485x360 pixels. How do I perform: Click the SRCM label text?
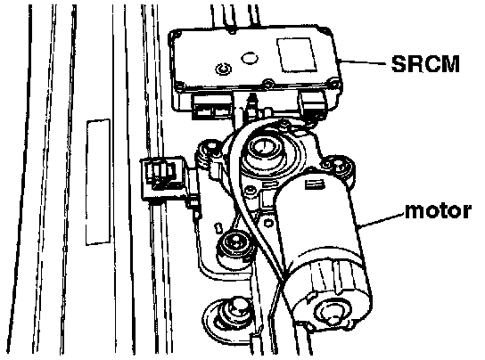tap(425, 64)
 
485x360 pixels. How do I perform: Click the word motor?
tap(438, 211)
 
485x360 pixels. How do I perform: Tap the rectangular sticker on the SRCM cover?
tap(296, 55)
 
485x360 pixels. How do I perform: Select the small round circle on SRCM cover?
tap(250, 58)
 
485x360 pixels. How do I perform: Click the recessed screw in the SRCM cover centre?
tap(223, 69)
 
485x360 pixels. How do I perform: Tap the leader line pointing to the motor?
tap(381, 220)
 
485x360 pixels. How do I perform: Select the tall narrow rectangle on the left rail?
tap(98, 183)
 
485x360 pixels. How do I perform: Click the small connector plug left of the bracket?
tap(161, 176)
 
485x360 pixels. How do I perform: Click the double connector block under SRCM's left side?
tap(211, 107)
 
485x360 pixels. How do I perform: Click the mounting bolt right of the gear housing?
tap(339, 167)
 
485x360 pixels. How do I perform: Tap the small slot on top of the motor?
tap(314, 184)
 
